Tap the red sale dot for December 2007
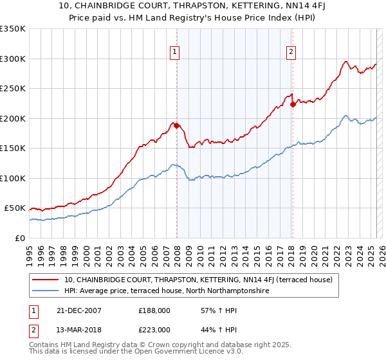coord(176,125)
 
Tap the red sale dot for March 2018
coord(293,104)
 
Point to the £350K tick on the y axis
coord(13,29)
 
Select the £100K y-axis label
coord(13,178)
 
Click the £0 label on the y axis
coord(20,238)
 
